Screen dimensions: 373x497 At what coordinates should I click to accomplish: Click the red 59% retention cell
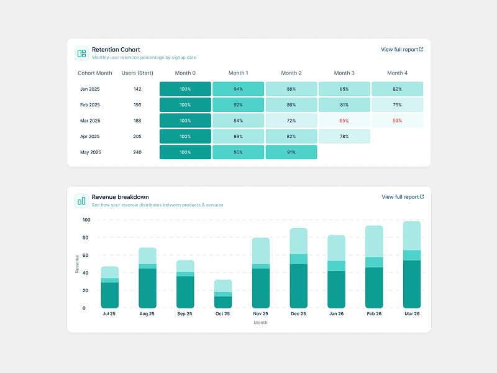coord(397,121)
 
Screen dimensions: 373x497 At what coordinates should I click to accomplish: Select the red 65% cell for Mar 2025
coord(344,121)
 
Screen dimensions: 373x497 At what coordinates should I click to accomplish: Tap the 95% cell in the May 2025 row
coord(238,152)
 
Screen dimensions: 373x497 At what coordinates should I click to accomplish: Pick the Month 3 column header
coord(344,73)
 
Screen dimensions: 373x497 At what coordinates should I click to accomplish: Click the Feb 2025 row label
coord(90,105)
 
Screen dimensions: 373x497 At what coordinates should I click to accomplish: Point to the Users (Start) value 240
coord(137,152)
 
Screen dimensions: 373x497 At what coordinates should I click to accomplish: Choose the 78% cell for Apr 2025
coord(344,136)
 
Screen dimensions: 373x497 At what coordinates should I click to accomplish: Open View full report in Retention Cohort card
coord(402,49)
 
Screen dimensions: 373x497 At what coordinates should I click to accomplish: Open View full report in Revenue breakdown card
coord(403,197)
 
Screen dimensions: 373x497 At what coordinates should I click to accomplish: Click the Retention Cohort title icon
coord(81,53)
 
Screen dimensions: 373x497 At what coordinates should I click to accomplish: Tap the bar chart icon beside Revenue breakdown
coord(81,200)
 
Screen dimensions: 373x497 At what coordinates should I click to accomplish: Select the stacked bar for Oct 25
coord(223,294)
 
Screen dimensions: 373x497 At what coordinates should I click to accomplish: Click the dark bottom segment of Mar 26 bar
coord(412,284)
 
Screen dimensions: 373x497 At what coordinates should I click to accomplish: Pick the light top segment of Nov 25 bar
coord(261,251)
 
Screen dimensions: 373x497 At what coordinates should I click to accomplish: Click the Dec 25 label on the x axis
coord(298,314)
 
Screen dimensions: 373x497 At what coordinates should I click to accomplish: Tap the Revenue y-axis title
coord(78,264)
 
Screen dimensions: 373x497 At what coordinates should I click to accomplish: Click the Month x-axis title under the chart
coord(261,323)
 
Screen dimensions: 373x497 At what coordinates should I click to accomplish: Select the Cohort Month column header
coord(95,73)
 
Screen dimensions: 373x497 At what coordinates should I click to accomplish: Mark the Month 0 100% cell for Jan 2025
coord(185,89)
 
